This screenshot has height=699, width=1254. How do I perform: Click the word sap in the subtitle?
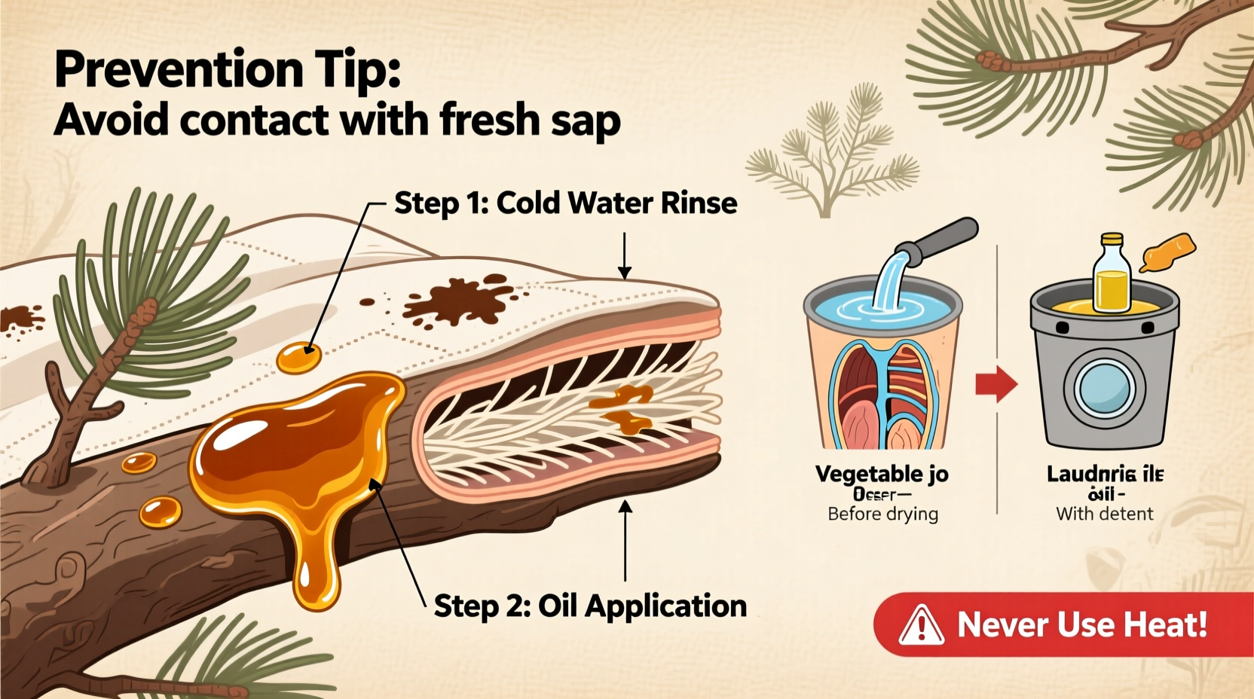[583, 121]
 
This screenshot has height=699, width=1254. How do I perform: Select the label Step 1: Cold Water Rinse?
[565, 203]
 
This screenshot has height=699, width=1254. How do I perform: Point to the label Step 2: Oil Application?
[590, 606]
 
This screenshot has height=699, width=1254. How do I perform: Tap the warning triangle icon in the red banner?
[921, 626]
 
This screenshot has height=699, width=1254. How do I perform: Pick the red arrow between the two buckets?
[996, 385]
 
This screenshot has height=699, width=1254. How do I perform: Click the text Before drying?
[882, 514]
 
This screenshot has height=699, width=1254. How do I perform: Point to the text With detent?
[1104, 514]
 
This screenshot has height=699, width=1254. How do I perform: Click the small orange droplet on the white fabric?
[298, 358]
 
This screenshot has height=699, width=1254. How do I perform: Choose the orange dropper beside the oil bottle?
[1167, 252]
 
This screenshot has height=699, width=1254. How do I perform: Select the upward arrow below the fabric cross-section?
[625, 542]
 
